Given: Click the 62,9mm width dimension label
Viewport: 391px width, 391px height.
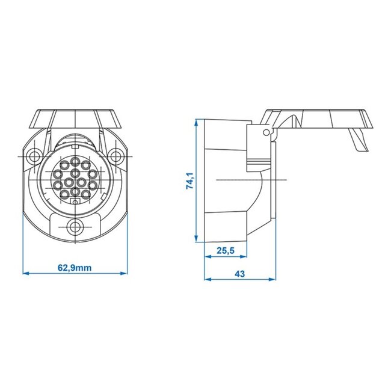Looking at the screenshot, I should click(x=75, y=268).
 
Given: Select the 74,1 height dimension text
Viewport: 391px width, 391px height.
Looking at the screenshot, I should click(x=190, y=181).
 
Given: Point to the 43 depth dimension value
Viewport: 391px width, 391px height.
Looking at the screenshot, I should click(x=239, y=274).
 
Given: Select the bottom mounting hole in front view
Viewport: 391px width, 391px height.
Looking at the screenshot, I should click(x=75, y=227).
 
